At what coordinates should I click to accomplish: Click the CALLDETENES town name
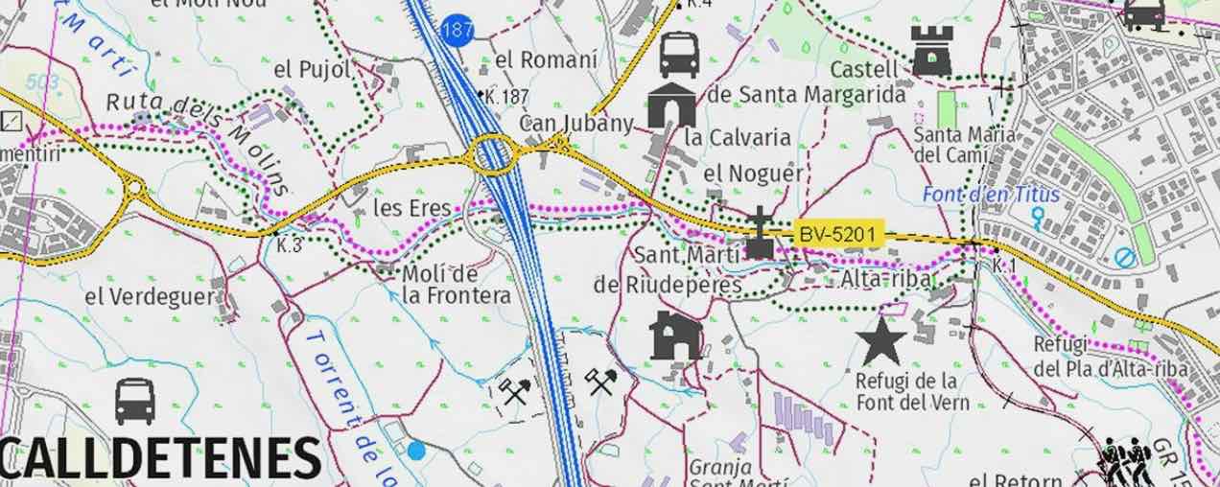click(159, 457)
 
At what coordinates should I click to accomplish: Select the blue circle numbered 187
click(458, 30)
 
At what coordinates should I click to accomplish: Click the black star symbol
click(881, 340)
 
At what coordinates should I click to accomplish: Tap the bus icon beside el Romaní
click(679, 54)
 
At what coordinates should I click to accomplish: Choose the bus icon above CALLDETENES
click(135, 401)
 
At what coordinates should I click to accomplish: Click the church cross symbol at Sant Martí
click(760, 232)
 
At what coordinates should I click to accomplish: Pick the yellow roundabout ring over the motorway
click(493, 154)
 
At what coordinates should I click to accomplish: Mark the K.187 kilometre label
click(506, 97)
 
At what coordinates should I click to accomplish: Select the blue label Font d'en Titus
click(991, 195)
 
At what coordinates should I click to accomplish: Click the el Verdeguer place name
click(150, 296)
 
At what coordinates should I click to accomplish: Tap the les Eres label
click(400, 208)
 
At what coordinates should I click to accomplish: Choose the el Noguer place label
click(753, 174)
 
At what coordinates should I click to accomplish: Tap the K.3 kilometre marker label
click(289, 245)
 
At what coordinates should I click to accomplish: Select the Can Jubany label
click(575, 124)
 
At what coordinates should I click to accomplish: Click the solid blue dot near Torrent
click(415, 450)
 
